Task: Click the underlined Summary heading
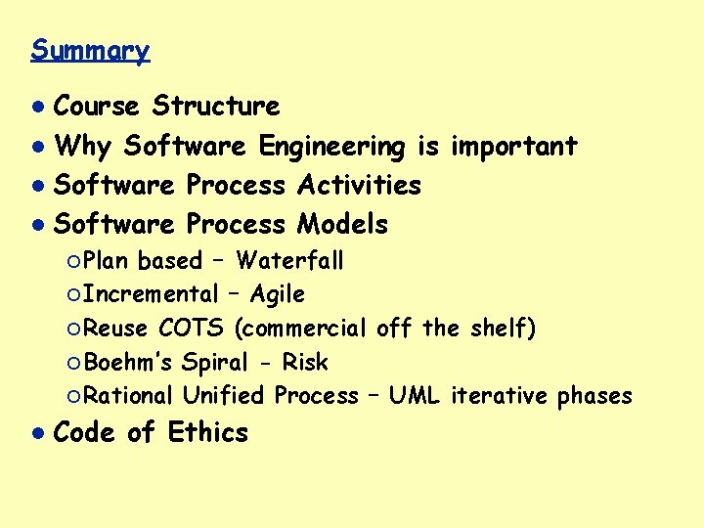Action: pos(90,50)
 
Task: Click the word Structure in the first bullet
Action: pos(216,106)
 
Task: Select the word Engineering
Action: pos(331,147)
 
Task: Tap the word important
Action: pos(513,147)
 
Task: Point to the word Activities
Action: pos(359,185)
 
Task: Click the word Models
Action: pos(342,224)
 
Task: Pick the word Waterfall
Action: pos(289,261)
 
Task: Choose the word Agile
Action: pos(278,294)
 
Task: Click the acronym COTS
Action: pos(193,329)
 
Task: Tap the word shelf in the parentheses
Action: pos(500,329)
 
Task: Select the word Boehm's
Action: pos(129,363)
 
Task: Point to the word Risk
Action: pos(305,363)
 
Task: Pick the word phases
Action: pos(594,396)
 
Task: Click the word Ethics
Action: pos(208,432)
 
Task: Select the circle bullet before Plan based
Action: pos(74,262)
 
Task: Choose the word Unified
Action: pos(223,396)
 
